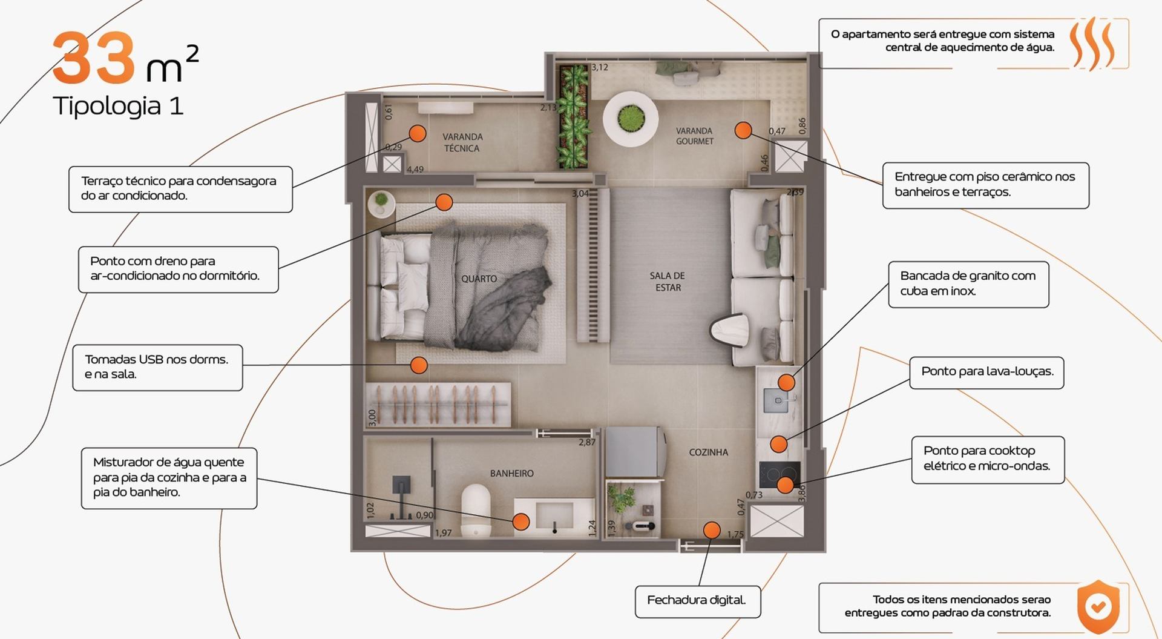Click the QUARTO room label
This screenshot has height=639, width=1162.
tap(479, 279)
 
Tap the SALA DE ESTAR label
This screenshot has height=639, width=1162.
tap(668, 282)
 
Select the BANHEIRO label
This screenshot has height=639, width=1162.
tap(512, 474)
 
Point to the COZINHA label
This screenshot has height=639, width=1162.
tap(708, 452)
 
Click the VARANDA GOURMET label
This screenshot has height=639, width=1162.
tap(694, 136)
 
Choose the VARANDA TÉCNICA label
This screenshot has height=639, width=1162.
tap(462, 142)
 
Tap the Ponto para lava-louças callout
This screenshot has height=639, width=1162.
tap(986, 372)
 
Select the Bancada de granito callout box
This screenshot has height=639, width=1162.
tap(968, 284)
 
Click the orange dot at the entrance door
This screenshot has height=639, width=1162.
tap(712, 531)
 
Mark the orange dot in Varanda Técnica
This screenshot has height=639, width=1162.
tap(417, 133)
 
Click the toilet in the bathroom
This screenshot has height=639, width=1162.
tap(476, 510)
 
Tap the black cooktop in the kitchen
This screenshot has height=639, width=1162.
tap(780, 474)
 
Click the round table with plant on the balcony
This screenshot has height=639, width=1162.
tap(631, 118)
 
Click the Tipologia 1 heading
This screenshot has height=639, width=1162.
tap(118, 106)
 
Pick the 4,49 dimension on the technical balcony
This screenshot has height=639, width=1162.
tap(415, 170)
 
